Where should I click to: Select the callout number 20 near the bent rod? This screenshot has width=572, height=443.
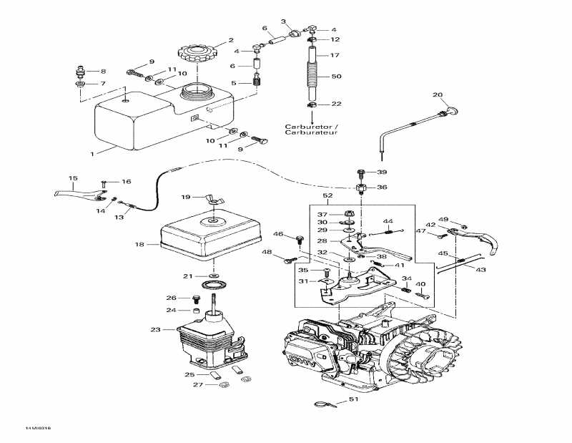coord(438,94)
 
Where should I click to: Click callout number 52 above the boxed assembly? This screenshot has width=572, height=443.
coord(327,195)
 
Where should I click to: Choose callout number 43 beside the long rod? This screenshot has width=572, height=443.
coord(480,269)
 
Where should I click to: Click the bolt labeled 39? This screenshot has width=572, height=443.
coord(361,172)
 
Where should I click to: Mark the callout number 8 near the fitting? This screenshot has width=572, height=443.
coord(102,71)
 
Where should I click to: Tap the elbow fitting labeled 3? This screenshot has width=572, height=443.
coord(294,32)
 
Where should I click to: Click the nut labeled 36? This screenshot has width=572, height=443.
coord(362,189)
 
